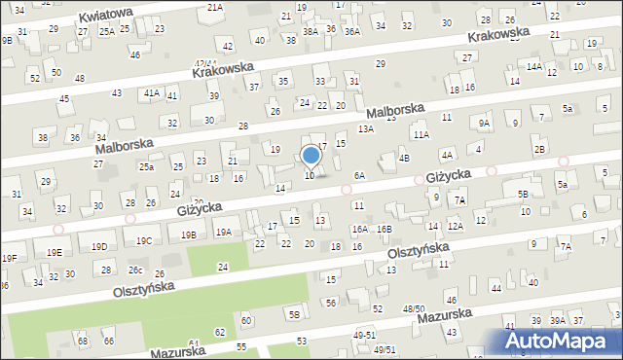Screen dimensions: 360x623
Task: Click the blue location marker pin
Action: click(x=311, y=156)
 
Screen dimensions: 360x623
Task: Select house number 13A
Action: click(x=366, y=128)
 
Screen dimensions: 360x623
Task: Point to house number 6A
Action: click(x=359, y=176)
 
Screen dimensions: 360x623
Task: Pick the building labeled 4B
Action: click(x=404, y=158)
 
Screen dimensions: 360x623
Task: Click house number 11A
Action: click(x=421, y=135)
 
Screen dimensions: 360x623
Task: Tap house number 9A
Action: click(x=483, y=124)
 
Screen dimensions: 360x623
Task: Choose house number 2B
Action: click(x=539, y=149)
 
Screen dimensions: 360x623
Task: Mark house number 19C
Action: click(x=144, y=240)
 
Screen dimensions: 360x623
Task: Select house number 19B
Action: click(x=189, y=234)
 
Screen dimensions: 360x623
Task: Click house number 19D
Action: click(x=99, y=247)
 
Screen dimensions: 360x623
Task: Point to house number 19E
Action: click(x=55, y=253)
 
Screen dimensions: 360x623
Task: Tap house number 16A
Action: click(x=359, y=230)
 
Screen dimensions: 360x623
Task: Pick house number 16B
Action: click(x=385, y=229)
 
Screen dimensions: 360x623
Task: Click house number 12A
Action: click(x=455, y=226)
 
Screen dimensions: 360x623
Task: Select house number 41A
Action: click(x=151, y=92)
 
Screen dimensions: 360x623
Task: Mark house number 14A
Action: click(x=534, y=67)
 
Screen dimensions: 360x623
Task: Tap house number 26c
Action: click(x=136, y=270)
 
